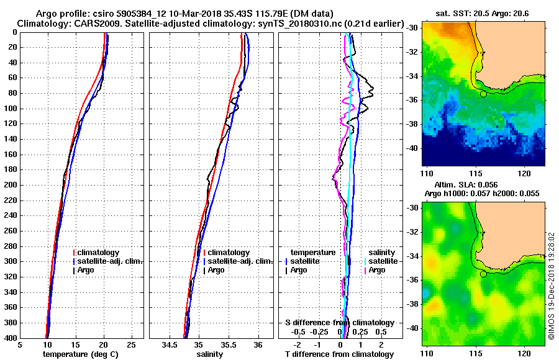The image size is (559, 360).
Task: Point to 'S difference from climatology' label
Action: coord(339,323)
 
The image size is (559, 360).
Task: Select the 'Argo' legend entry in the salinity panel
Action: coord(217,270)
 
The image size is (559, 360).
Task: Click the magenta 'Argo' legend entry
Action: coord(378,270)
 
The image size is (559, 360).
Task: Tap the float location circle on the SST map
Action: coord(483,94)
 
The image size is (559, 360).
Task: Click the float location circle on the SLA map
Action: coord(483,274)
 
